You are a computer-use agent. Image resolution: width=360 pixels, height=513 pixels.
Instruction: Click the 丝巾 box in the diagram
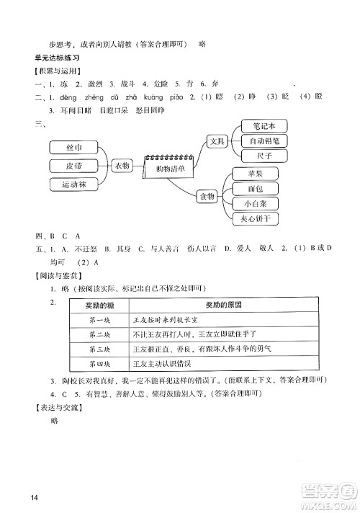click(73, 148)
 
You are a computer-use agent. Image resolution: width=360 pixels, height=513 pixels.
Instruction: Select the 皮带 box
click(73, 166)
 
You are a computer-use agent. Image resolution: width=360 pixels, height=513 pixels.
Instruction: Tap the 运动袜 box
click(73, 185)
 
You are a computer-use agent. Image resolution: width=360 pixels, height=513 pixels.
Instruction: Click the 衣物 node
click(122, 166)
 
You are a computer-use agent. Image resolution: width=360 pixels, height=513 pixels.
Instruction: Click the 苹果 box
click(255, 174)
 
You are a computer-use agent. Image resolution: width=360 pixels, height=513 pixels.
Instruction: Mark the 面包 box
click(255, 189)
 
